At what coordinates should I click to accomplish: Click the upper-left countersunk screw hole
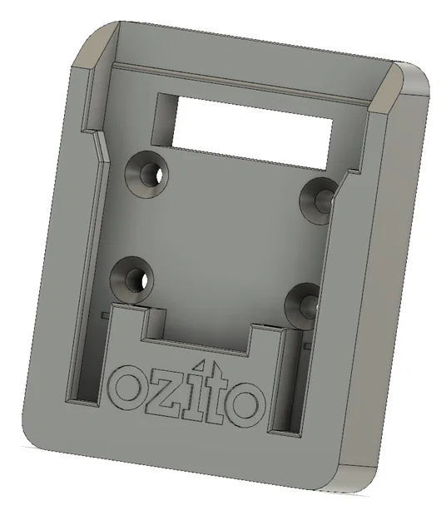click(147, 172)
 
